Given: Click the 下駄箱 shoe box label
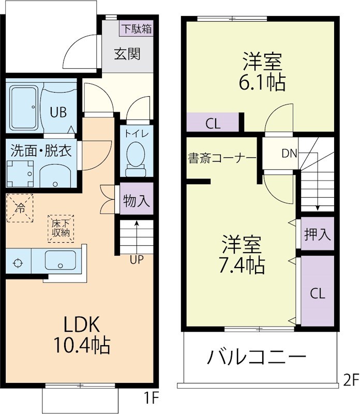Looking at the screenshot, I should pos(137,28).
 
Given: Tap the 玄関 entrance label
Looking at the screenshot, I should pos(127,53).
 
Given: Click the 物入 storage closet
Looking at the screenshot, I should pos(137,200).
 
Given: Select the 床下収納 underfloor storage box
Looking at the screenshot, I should pos(61,229).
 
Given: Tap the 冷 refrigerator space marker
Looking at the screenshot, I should pos(20,208).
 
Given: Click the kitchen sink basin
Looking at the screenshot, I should pos(62,260).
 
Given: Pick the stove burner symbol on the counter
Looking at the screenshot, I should pos(18,262).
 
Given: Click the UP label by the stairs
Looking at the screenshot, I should pos(137,260).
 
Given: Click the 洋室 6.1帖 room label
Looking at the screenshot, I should pos(262,71).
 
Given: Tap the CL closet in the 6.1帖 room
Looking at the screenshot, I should pos(213,124).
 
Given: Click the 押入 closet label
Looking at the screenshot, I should pos(317,234).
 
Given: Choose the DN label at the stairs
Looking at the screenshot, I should pos(289,153).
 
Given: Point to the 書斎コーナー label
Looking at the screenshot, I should pos(222,158).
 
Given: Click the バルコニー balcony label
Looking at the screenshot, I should pos(257,357).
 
